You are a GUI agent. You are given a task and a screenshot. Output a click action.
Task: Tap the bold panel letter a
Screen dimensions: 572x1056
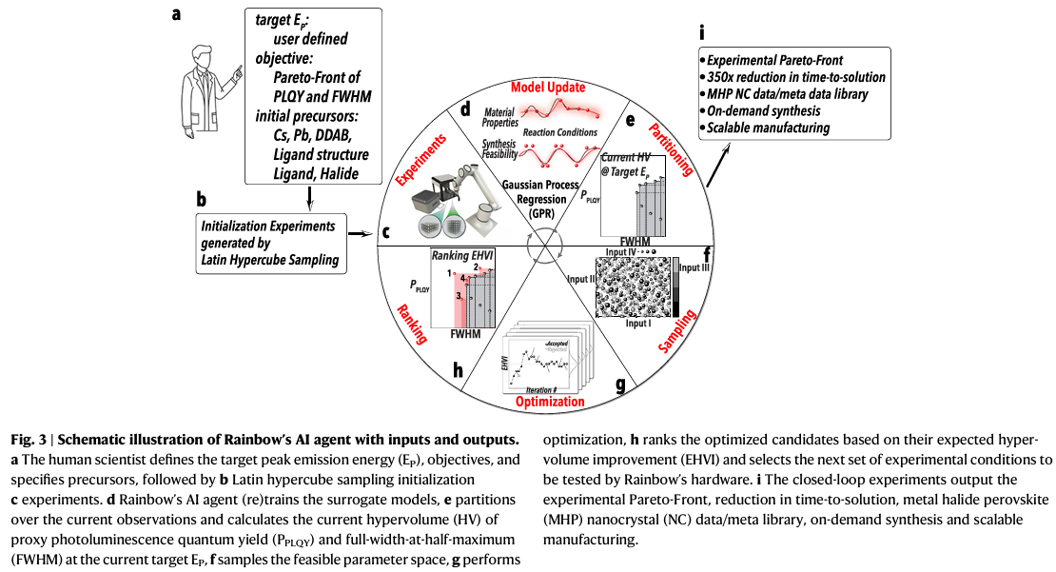pos(177,14)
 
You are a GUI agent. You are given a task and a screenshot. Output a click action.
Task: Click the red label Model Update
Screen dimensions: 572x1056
pos(546,87)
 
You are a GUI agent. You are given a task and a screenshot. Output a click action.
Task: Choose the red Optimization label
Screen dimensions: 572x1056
pos(549,402)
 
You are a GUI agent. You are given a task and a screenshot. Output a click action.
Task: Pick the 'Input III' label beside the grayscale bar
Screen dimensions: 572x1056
pos(694,267)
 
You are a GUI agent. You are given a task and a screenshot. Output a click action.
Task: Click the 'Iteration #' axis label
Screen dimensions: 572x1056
pos(534,390)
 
